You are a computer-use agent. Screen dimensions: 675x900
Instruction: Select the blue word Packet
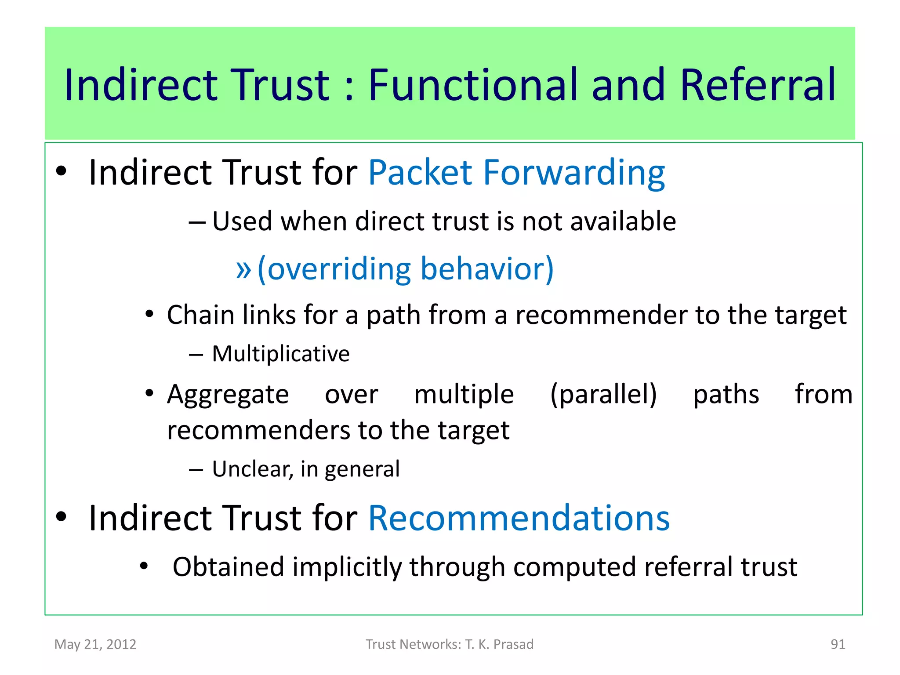tap(420, 172)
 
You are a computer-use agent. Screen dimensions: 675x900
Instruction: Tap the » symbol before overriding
tap(243, 269)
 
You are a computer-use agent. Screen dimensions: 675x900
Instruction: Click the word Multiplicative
tap(280, 354)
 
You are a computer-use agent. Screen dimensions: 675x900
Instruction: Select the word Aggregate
tap(228, 395)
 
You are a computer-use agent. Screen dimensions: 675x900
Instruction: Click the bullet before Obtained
tap(144, 566)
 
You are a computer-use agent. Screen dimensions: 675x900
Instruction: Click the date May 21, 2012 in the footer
tap(95, 644)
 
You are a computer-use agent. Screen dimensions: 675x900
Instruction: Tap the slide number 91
tap(838, 644)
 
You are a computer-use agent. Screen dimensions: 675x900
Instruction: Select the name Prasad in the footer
tap(513, 644)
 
